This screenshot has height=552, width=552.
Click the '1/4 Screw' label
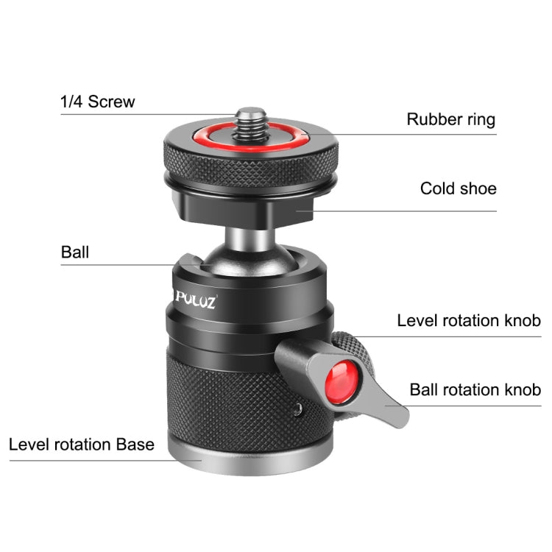point(98,102)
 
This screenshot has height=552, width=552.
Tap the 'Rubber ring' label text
point(451,119)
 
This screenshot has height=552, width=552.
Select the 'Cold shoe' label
point(458,188)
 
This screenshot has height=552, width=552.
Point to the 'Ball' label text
point(74,252)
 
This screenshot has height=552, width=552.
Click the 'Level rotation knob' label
point(469,320)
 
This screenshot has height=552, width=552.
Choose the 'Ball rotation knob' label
point(475,389)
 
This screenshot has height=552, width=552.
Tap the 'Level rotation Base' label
point(82,445)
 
